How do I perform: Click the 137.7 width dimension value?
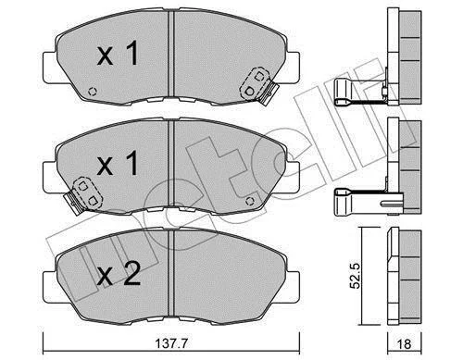(171, 343)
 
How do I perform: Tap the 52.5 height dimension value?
(355, 276)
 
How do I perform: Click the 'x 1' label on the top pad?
(118, 54)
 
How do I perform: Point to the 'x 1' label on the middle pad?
(118, 164)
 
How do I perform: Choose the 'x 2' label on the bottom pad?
(119, 274)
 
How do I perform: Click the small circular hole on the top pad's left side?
(93, 92)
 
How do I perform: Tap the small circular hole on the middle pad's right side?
(250, 201)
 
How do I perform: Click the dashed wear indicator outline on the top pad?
(255, 83)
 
